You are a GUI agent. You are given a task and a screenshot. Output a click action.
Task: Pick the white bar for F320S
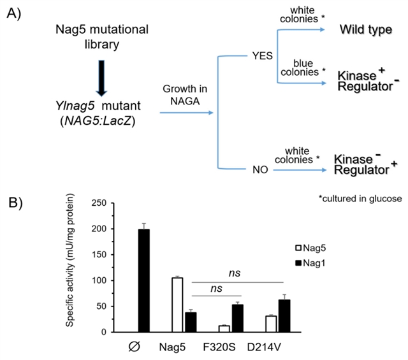coord(223,329)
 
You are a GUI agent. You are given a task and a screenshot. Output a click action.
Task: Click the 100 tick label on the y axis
coord(98,280)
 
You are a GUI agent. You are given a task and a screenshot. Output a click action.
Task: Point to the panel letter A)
coord(14,14)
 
